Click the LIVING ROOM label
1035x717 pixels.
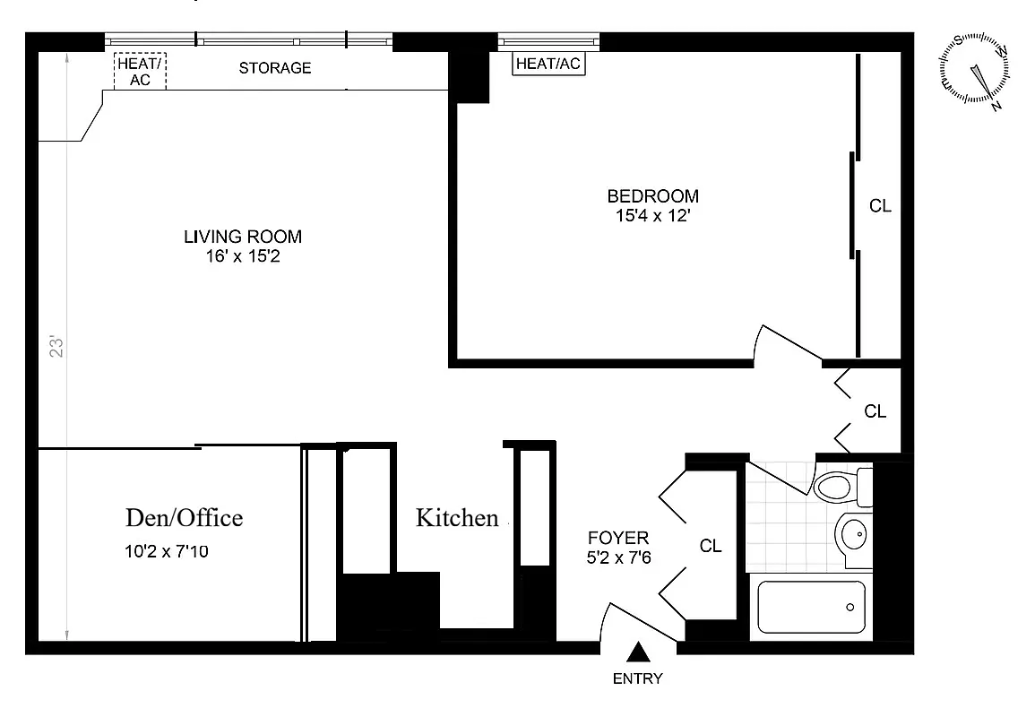click(242, 238)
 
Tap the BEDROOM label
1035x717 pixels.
click(652, 196)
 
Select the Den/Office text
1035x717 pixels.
click(183, 518)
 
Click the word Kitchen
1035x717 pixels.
click(456, 518)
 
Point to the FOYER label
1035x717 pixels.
click(617, 539)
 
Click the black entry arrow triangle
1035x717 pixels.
click(638, 652)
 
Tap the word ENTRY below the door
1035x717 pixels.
click(637, 678)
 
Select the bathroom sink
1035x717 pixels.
click(851, 536)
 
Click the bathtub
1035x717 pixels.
click(811, 608)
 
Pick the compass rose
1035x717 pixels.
click(975, 72)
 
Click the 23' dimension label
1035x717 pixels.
click(57, 348)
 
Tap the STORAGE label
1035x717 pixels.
click(275, 68)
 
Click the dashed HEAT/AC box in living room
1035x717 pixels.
click(141, 71)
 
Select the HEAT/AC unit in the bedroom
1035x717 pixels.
click(548, 65)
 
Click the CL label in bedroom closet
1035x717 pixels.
click(880, 206)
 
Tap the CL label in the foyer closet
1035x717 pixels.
click(710, 546)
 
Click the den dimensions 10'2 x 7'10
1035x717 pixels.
click(168, 552)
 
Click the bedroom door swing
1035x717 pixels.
click(784, 345)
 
